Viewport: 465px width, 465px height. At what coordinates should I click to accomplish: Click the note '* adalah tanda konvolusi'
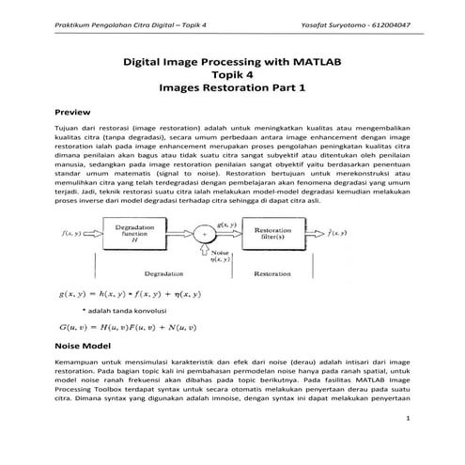tap(124, 309)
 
